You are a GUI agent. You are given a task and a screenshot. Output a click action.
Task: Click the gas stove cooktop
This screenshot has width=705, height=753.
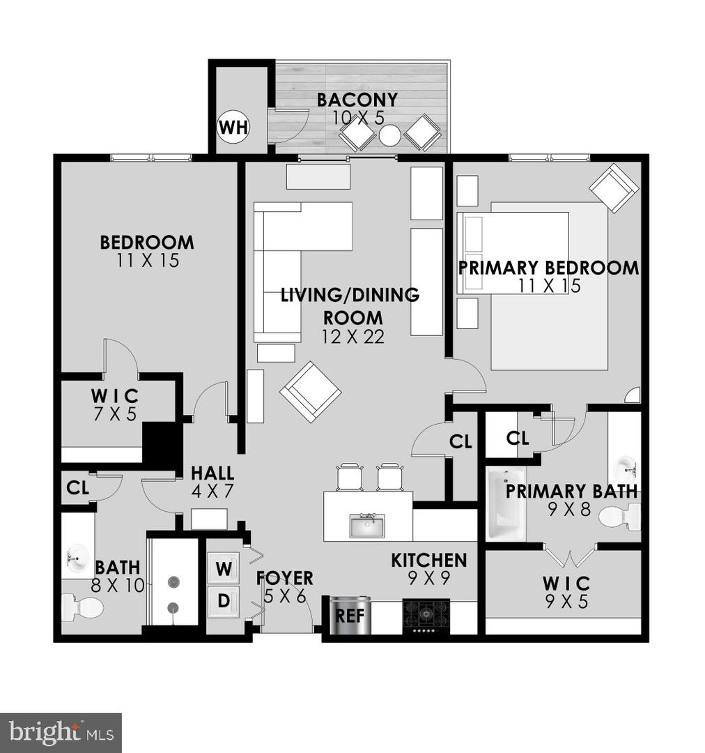pos(426,615)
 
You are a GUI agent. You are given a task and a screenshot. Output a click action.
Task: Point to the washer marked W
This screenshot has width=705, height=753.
pos(224,568)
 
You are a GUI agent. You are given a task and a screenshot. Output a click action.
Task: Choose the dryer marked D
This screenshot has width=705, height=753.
pos(224,600)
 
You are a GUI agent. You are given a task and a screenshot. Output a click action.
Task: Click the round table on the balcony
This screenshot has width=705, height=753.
pos(389,135)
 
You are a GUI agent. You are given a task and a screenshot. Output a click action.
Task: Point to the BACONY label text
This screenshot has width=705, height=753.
pos(357,100)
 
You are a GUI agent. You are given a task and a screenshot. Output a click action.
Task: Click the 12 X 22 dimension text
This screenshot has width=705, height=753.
pos(353,337)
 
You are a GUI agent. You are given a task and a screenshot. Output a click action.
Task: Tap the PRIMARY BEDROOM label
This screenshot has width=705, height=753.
pos(548,268)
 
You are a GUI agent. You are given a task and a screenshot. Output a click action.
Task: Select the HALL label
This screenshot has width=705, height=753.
pos(212,473)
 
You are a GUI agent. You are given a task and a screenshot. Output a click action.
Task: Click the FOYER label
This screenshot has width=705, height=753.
pos(284,578)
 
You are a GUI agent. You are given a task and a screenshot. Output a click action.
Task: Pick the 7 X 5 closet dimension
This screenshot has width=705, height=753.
pos(114,413)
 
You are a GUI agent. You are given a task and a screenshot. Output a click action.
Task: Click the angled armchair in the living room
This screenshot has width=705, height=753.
pos(311,392)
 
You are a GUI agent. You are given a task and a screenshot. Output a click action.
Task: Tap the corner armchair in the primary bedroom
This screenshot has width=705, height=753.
pos(613,188)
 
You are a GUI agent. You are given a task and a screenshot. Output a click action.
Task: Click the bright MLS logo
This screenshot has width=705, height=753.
pos(61,733)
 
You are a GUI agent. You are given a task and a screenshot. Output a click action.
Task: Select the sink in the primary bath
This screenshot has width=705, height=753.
pos(625,466)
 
